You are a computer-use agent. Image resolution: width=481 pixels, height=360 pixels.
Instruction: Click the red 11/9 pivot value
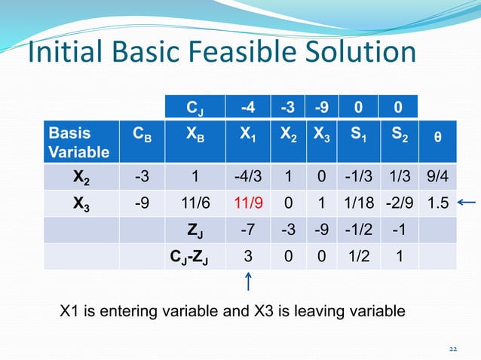click(247, 203)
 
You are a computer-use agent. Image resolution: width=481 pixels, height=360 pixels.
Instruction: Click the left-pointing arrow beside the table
click(468, 201)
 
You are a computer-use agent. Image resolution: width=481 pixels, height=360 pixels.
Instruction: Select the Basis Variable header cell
click(79, 143)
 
